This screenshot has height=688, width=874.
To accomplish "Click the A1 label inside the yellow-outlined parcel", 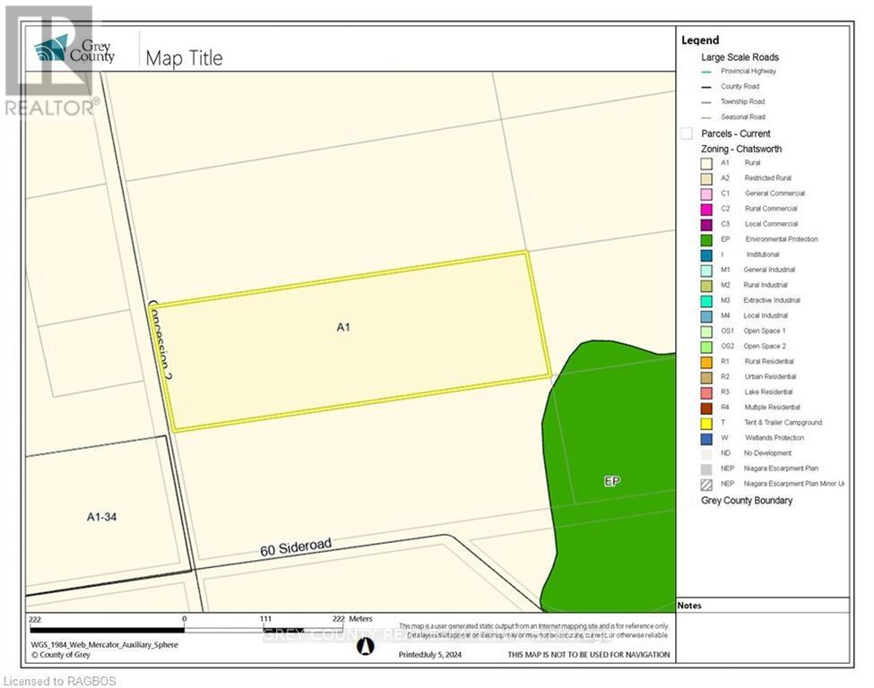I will point(342,328).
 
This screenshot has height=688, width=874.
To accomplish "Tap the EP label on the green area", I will point(612,481).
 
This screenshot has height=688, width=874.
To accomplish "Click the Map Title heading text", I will point(184,58).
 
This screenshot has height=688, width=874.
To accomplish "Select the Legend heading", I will point(699,40).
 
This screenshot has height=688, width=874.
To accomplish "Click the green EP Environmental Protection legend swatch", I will point(705,239).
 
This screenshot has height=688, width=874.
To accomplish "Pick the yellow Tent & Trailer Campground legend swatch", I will point(705,423).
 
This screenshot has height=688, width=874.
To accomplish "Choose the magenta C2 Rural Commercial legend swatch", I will point(705,209).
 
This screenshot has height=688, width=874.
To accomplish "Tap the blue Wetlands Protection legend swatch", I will point(705,438).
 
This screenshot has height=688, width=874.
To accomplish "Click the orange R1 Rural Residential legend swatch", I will point(705,361).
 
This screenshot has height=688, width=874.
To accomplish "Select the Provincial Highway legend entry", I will point(748,71).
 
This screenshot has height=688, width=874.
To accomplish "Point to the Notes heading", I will point(691,606).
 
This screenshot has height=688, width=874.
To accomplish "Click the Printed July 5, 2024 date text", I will point(434,655).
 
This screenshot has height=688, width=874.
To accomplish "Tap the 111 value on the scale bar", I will point(265,619).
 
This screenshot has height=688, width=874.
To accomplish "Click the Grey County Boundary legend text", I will point(747,500).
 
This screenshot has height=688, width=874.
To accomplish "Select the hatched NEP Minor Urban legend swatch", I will point(705,484).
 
